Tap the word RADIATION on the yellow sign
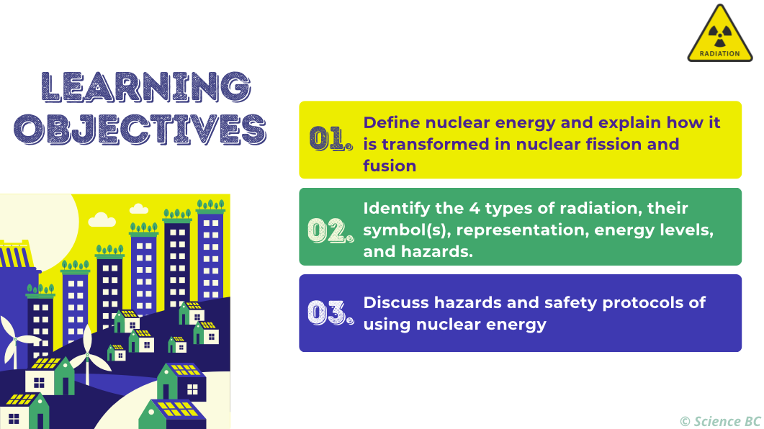tap(719, 53)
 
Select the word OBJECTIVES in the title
tap(140, 130)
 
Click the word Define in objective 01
tap(390, 122)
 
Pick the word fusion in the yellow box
tap(390, 166)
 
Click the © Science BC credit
tap(720, 421)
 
